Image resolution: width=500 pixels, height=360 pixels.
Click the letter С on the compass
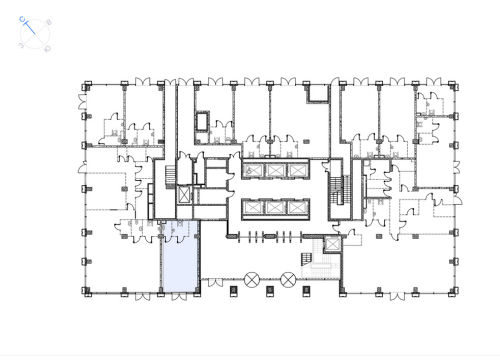click(22, 19)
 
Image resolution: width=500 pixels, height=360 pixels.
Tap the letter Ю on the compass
click(47, 48)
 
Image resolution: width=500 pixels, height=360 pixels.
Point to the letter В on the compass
click(49, 22)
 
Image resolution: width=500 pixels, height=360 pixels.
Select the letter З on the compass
click(21, 45)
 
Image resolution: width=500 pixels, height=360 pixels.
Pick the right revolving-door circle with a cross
click(288, 279)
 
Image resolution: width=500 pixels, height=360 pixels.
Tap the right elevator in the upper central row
click(297, 170)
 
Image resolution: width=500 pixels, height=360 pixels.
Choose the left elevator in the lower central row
click(252, 207)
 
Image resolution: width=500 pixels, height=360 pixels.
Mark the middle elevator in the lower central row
click(275, 207)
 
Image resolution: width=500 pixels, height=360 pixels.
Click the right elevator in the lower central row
click(297, 207)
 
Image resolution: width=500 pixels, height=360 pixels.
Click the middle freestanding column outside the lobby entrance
click(270, 290)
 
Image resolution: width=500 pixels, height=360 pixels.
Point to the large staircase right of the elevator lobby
click(339, 189)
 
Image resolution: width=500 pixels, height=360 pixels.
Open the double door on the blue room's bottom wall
click(179, 297)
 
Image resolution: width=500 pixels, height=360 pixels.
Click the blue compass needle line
click(29, 27)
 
